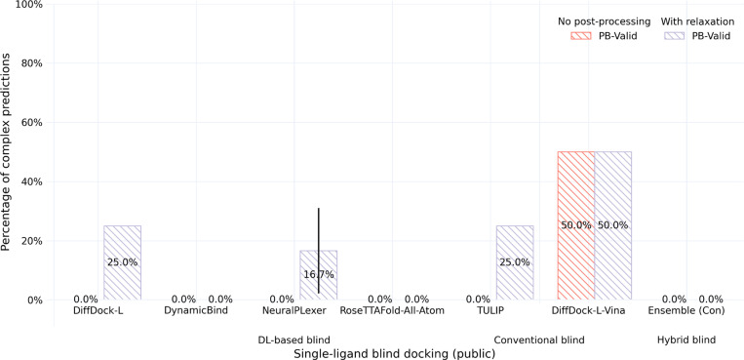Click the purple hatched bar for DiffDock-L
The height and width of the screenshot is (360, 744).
coord(122,262)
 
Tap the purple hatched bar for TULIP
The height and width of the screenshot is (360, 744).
coord(515,262)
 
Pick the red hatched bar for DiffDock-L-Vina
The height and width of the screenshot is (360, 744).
coord(575,225)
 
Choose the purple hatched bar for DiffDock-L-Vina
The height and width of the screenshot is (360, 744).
coord(612,225)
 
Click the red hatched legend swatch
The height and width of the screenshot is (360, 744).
coord(582,36)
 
